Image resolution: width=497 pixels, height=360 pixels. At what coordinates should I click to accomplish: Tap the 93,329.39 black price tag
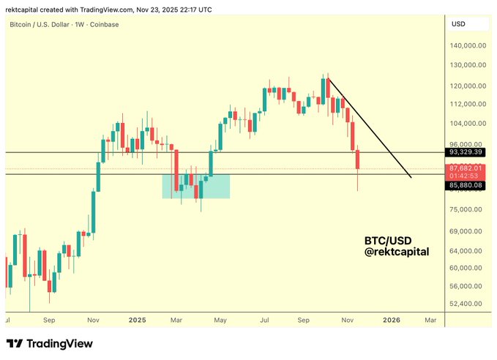(466, 152)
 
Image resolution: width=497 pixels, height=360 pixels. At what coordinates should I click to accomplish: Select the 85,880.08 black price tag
(466, 186)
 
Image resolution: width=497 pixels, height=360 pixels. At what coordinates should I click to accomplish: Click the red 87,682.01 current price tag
(466, 168)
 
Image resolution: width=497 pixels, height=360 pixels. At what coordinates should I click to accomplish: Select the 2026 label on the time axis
(392, 320)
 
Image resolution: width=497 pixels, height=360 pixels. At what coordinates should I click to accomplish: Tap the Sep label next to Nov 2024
(49, 320)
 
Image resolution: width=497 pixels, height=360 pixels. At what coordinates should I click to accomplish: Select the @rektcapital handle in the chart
(397, 252)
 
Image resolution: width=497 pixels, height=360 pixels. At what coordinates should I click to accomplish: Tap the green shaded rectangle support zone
(196, 186)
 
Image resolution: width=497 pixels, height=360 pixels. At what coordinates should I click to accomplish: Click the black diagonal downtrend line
(370, 128)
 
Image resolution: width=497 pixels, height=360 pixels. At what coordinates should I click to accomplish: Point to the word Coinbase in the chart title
(104, 24)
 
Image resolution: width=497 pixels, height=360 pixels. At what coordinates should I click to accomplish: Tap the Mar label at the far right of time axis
(430, 320)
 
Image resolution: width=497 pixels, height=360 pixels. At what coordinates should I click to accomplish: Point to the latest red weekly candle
(358, 165)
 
